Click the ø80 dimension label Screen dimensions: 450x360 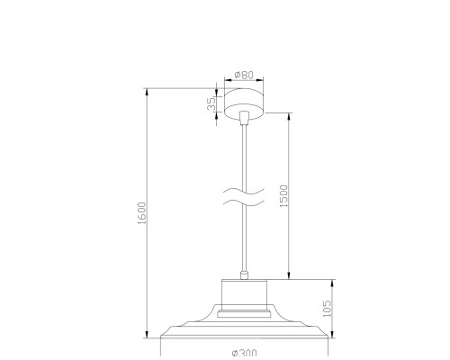[244, 75]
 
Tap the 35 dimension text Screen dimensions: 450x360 [211, 103]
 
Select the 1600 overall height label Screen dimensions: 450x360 [141, 213]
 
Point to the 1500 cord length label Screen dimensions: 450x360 [283, 196]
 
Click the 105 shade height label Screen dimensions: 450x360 [327, 309]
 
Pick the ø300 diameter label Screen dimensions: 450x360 [244, 353]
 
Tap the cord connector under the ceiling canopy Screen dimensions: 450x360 [244, 117]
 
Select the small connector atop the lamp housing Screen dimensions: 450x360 [244, 275]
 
